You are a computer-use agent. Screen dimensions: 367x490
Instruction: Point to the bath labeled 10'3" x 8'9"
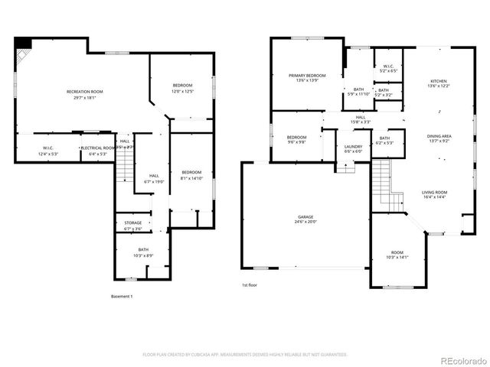[143, 252]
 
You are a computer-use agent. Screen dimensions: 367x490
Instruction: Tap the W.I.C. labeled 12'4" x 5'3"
[47, 151]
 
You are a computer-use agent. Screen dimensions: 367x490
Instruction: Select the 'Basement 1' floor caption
[122, 296]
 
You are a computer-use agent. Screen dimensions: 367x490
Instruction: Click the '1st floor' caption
[250, 285]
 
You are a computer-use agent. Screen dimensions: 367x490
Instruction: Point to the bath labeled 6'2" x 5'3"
[384, 140]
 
